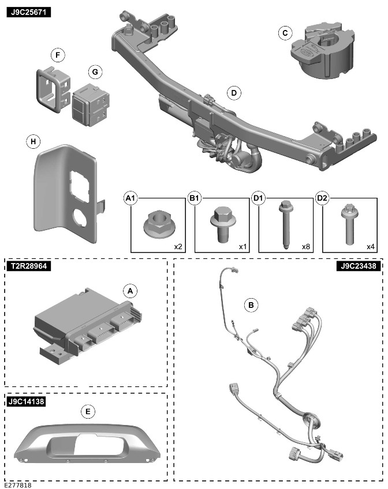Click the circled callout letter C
point(284,33)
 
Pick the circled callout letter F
point(57,55)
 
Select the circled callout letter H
point(34,141)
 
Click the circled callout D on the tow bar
point(233,92)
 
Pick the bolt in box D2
point(350,224)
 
